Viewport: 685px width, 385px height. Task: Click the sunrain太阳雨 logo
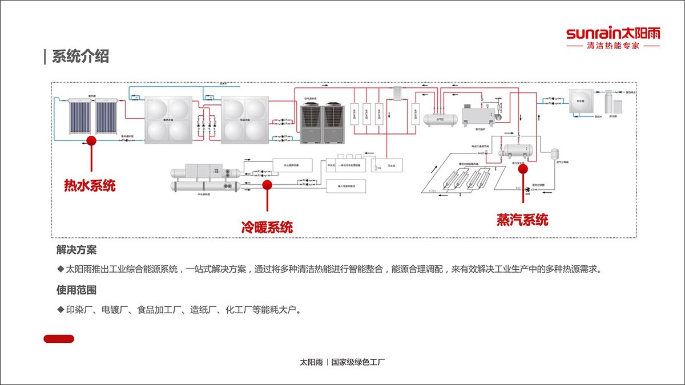click(x=613, y=33)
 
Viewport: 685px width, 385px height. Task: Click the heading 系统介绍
click(x=80, y=56)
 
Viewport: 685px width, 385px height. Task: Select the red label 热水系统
click(x=90, y=185)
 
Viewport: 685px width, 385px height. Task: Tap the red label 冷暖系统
click(x=267, y=227)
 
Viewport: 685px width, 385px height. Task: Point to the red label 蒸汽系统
click(x=522, y=220)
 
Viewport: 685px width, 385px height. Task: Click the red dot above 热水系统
click(x=91, y=140)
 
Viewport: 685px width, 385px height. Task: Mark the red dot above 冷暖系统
click(x=267, y=184)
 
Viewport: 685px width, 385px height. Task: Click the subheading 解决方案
click(x=76, y=250)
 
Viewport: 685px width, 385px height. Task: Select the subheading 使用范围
click(x=76, y=290)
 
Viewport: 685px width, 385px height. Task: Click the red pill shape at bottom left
click(x=59, y=339)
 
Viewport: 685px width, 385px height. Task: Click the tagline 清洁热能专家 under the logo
click(x=613, y=46)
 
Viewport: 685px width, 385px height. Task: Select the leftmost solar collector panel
click(x=79, y=117)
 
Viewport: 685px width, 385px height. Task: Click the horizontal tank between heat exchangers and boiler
click(x=440, y=119)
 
